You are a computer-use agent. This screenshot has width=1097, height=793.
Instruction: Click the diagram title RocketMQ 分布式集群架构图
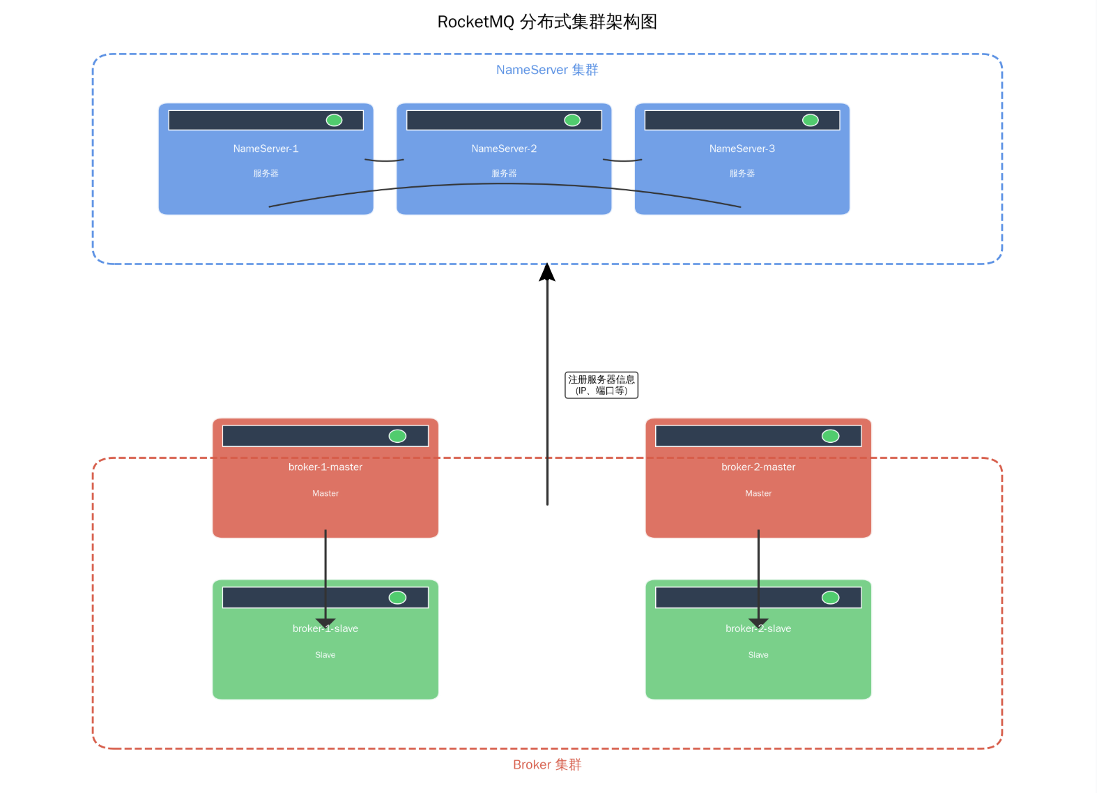547,22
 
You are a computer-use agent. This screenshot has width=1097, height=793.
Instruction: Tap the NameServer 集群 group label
547,70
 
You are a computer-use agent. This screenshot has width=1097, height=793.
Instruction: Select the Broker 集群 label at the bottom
547,764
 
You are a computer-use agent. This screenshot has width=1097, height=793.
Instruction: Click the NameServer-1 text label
266,149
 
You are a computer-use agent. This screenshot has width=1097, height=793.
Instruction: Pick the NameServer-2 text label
504,149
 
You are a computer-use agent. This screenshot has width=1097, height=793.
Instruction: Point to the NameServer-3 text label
742,149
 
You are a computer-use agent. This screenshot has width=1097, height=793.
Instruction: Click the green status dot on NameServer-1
335,120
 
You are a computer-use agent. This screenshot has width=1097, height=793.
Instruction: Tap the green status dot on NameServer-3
811,120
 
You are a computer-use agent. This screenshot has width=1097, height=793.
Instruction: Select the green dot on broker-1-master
397,436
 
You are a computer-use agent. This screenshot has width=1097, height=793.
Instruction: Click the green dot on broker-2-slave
830,598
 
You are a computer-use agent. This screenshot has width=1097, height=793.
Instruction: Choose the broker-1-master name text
325,467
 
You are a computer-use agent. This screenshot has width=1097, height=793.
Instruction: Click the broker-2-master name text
758,467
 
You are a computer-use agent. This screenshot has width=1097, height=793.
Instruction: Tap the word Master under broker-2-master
758,493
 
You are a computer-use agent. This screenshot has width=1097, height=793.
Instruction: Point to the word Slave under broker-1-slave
325,655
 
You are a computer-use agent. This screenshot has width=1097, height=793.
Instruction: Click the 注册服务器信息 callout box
601,385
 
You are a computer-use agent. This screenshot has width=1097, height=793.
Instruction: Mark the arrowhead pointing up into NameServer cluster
547,272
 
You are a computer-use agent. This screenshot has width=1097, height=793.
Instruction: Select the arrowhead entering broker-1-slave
325,622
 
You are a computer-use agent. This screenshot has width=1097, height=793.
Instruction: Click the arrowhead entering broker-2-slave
758,622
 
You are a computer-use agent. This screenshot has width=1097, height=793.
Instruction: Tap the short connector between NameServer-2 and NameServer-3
622,160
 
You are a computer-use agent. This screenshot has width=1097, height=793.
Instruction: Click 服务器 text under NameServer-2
504,174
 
